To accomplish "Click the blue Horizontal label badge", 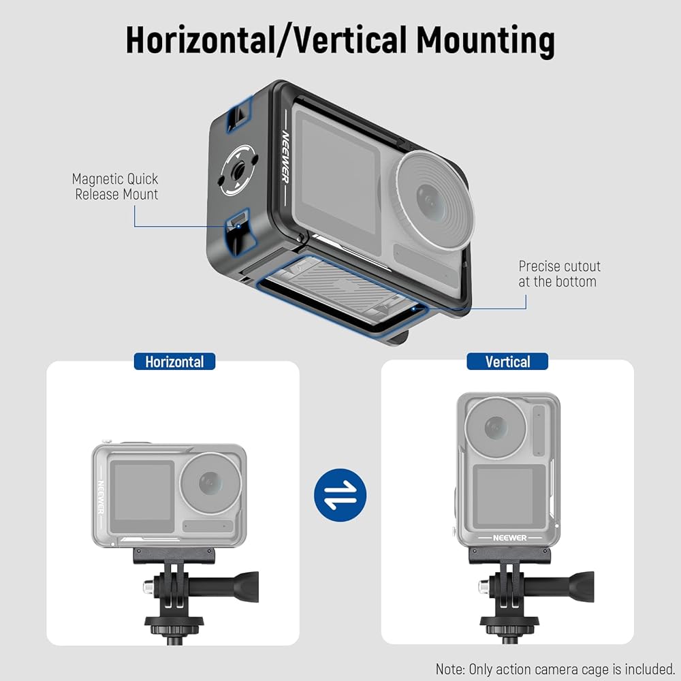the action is pyautogui.click(x=174, y=362).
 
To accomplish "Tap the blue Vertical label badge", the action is pyautogui.click(x=507, y=362).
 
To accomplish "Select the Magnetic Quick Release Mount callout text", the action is pyautogui.click(x=116, y=187).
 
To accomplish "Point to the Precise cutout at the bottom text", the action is pyautogui.click(x=559, y=274).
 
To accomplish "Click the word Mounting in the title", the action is pyautogui.click(x=486, y=40).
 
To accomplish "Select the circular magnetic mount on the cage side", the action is pyautogui.click(x=238, y=167).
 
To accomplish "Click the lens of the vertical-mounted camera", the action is pyautogui.click(x=496, y=428).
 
